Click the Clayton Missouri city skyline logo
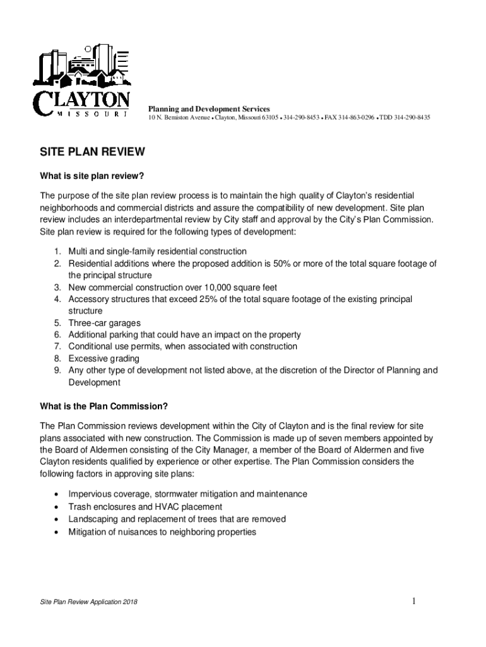[x=83, y=82]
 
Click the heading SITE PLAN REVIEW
[x=93, y=152]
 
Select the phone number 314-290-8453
[x=301, y=118]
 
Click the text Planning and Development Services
[x=209, y=109]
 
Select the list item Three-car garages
[x=104, y=323]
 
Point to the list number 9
[x=56, y=370]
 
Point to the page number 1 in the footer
[x=413, y=601]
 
